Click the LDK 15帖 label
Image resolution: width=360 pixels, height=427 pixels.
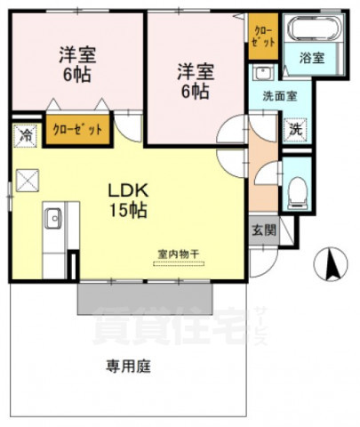(127, 200)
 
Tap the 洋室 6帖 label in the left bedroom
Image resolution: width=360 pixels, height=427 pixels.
(77, 64)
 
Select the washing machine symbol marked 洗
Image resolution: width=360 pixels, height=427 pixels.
(296, 127)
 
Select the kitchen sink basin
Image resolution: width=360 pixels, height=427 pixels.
(53, 217)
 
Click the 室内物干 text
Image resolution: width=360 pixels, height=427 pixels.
(178, 254)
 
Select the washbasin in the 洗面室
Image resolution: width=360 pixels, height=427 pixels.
(260, 72)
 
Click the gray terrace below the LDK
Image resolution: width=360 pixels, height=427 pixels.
(142, 300)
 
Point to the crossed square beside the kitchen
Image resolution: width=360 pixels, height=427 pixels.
(27, 181)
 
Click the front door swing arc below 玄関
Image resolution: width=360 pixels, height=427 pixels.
(260, 263)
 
